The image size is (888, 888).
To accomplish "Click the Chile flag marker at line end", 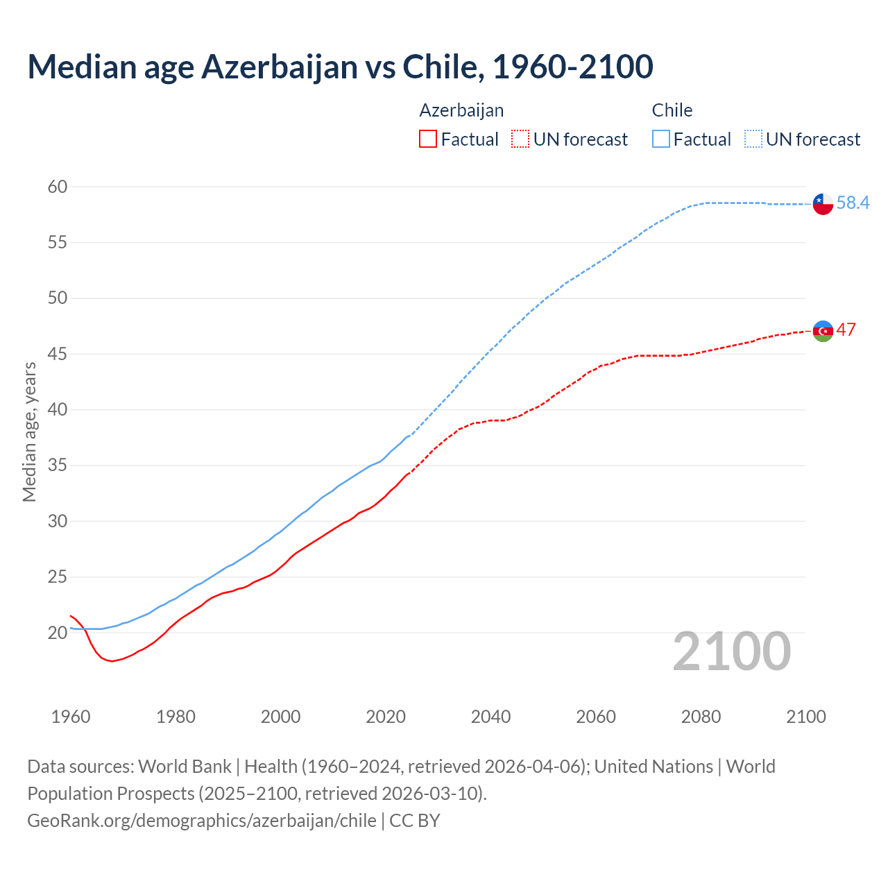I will pyautogui.click(x=823, y=204).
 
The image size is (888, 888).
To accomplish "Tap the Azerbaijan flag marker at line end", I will pyautogui.click(x=823, y=331).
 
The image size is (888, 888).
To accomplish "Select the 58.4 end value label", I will pyautogui.click(x=853, y=203).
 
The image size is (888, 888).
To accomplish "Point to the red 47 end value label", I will pyautogui.click(x=846, y=330).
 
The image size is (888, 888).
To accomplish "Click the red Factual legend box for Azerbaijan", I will pyautogui.click(x=428, y=139).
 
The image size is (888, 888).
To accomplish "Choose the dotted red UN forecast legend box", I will pyautogui.click(x=520, y=139).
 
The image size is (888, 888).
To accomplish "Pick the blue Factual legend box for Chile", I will pyautogui.click(x=661, y=139).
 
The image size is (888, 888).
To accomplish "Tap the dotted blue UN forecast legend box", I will pyautogui.click(x=753, y=139).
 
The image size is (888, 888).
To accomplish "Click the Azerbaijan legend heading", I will pyautogui.click(x=461, y=110).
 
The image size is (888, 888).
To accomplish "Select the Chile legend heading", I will pyautogui.click(x=672, y=110).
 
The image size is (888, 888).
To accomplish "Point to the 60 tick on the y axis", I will pyautogui.click(x=58, y=187).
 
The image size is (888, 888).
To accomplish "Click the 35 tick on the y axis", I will pyautogui.click(x=58, y=466).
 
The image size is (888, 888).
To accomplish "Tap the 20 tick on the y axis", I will pyautogui.click(x=58, y=633).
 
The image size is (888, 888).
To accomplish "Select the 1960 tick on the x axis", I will pyautogui.click(x=71, y=717).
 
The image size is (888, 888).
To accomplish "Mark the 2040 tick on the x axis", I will pyautogui.click(x=490, y=717).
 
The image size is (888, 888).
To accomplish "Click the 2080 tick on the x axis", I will pyautogui.click(x=701, y=717).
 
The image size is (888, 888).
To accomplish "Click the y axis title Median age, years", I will pyautogui.click(x=29, y=432).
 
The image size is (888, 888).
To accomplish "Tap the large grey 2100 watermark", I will pyautogui.click(x=731, y=651).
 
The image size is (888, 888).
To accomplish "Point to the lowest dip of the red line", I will pyautogui.click(x=112, y=661).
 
